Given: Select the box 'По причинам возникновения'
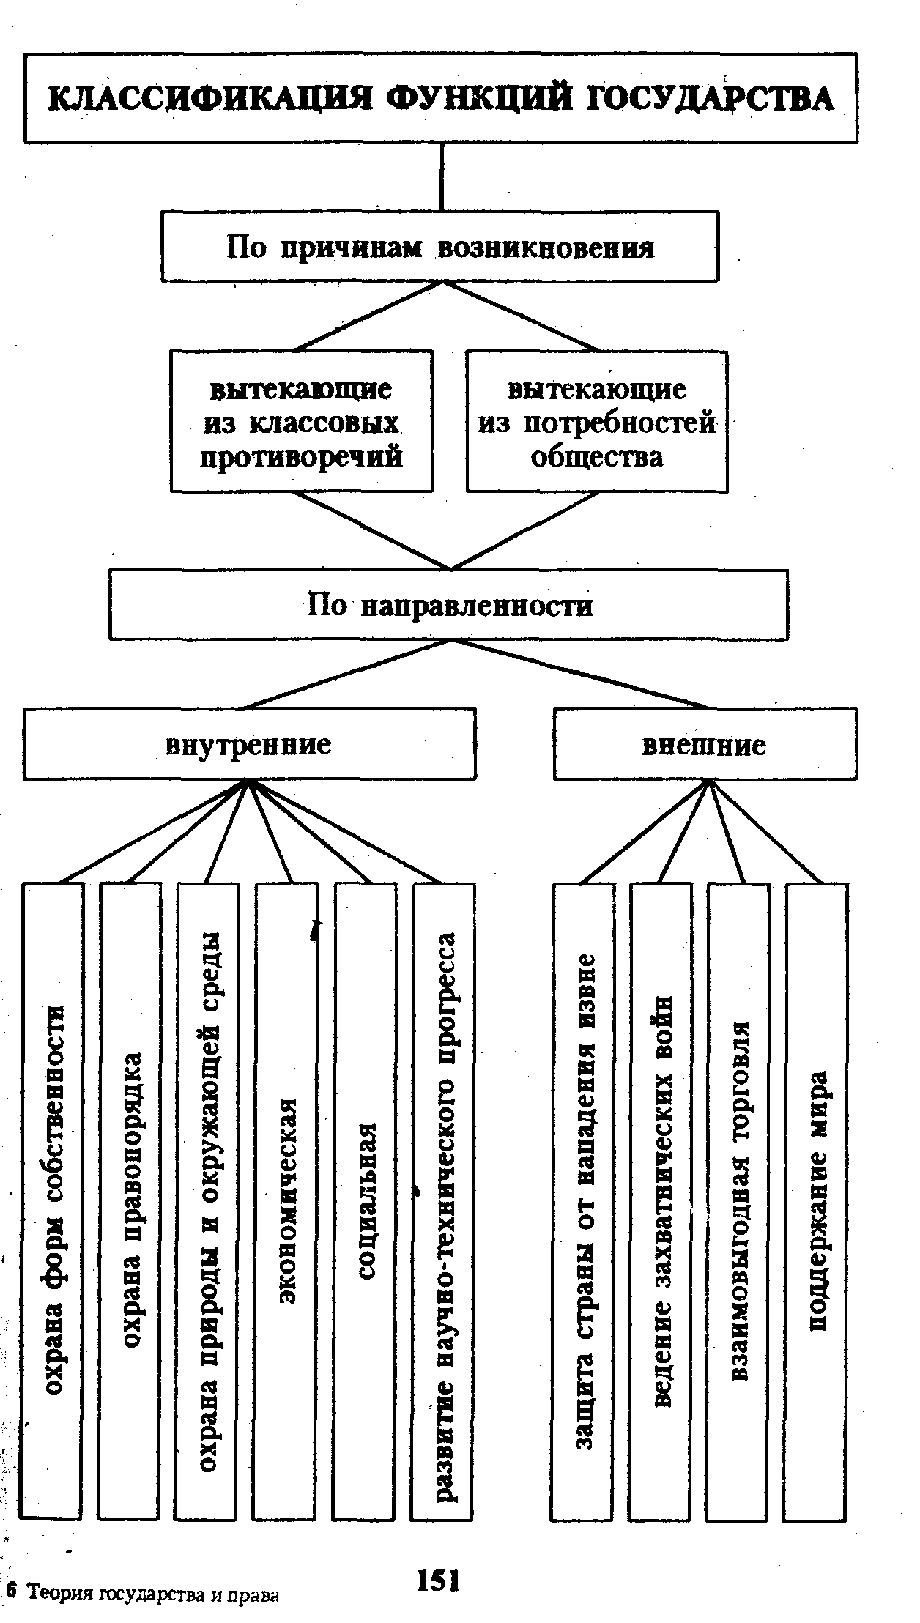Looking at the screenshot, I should coord(439,247).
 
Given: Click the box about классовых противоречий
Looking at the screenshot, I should coord(301,422).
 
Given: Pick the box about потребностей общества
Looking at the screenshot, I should coord(596,422).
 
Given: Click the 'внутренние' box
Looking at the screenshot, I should coord(249,744).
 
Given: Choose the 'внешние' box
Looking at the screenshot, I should coord(704,744).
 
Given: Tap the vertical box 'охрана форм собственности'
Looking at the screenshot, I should coord(53,1201).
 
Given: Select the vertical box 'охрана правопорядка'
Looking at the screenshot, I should coord(130,1201).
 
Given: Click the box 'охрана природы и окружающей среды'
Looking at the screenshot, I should coord(208,1201).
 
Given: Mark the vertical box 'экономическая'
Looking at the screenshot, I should coord(286,1201).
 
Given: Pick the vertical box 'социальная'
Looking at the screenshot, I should coord(366,1201).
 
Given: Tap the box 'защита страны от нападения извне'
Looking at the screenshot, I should coord(583,1201).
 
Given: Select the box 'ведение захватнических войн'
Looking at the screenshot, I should coord(661,1201).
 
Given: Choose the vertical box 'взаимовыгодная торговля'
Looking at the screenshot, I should coord(738,1201).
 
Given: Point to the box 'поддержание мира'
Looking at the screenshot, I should coord(817,1201).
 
